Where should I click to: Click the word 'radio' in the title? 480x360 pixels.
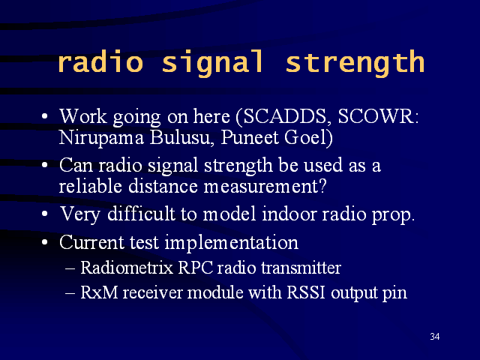tap(100, 61)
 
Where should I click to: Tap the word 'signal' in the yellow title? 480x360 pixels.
tap(212, 64)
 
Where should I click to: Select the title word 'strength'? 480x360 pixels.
tap(355, 64)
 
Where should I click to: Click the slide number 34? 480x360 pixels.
tap(435, 337)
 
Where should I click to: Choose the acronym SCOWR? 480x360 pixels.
tap(378, 116)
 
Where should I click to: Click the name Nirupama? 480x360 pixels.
tap(101, 138)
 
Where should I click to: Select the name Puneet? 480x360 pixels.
tap(249, 137)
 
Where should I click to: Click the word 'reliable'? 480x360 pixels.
tap(90, 186)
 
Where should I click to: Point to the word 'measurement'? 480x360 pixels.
tap(265, 186)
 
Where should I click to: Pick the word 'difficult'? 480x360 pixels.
tap(141, 213)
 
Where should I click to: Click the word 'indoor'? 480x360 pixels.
tap(289, 213)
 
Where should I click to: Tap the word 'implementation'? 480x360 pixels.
tap(232, 243)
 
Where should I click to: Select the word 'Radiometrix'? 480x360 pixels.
tap(127, 268)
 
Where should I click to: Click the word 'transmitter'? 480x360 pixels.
tap(301, 268)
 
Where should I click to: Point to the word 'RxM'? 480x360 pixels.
tap(99, 292)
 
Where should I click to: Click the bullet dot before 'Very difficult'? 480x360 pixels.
tap(45, 214)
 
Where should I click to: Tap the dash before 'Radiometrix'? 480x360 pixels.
tap(70, 268)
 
